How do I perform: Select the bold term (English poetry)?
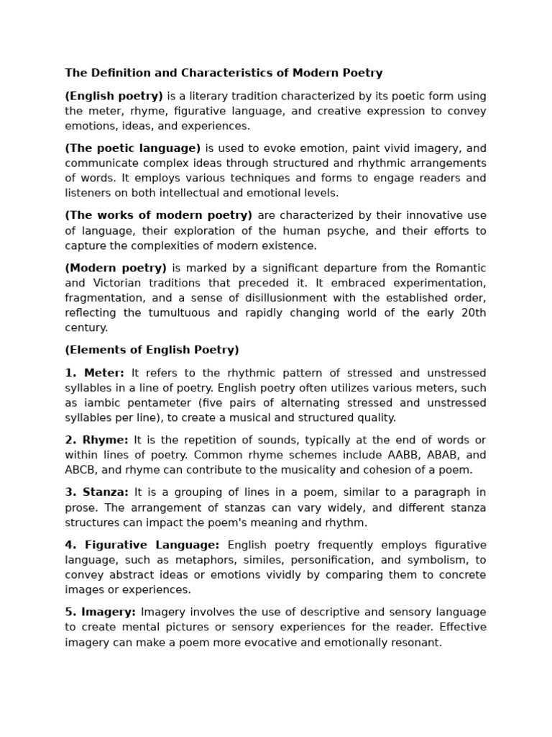[x=114, y=96]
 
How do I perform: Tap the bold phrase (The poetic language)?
[x=132, y=148]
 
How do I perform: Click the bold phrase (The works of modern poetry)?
[x=158, y=215]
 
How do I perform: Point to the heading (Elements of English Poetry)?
[x=152, y=350]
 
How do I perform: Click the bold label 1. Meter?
[x=94, y=373]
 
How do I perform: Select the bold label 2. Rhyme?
[x=96, y=440]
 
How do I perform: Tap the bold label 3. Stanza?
[x=96, y=492]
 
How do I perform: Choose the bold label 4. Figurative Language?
[x=142, y=545]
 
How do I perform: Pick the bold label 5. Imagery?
[x=100, y=612]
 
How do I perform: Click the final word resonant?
[x=416, y=642]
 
